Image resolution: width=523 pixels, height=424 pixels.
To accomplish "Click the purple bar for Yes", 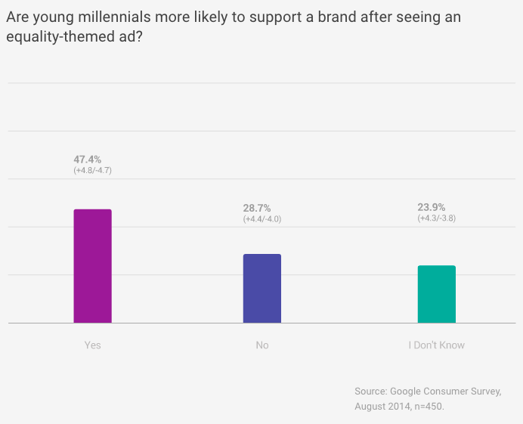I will click(x=92, y=266).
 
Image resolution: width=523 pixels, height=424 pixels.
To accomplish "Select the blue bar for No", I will click(x=261, y=289).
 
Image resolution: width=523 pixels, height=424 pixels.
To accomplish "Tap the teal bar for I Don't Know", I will click(x=437, y=294).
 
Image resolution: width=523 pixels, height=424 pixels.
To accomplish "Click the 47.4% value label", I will click(x=87, y=159).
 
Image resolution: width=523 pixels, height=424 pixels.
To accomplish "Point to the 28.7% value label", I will click(x=257, y=208).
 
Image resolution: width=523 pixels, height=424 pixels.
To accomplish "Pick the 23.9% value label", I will click(x=432, y=207).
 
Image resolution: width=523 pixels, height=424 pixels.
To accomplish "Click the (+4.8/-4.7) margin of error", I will click(x=92, y=171).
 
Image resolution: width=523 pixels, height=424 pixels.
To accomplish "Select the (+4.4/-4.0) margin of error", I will click(x=262, y=219).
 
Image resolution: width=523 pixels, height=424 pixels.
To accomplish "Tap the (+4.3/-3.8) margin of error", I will click(x=437, y=218).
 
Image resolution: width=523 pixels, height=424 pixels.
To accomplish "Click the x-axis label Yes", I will click(x=92, y=345).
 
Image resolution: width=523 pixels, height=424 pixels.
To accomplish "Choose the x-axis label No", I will click(x=262, y=345).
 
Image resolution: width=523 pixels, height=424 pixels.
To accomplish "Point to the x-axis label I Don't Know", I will click(x=437, y=345).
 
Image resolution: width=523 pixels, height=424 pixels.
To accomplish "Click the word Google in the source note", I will click(x=407, y=392).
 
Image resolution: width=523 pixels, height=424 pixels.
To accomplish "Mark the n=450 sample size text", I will click(x=427, y=407).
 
